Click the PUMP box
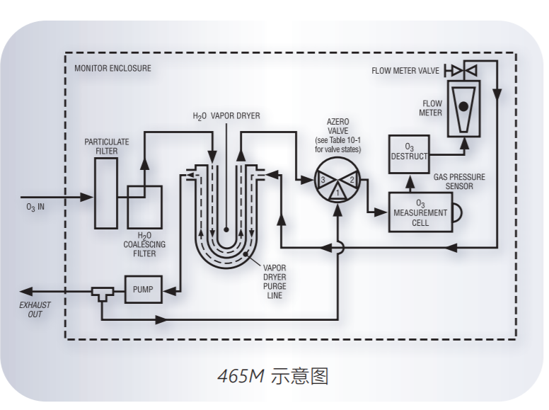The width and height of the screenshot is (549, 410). pyautogui.click(x=143, y=290)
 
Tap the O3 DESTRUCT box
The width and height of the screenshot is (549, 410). pyautogui.click(x=410, y=152)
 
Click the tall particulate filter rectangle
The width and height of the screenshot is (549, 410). pyautogui.click(x=106, y=193)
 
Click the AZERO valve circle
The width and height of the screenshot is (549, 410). pyautogui.click(x=338, y=180)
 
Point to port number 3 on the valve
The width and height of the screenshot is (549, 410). pyautogui.click(x=323, y=180)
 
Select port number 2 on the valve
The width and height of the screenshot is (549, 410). pyautogui.click(x=352, y=180)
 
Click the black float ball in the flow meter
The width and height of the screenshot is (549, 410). pyautogui.click(x=464, y=106)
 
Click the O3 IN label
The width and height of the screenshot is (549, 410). pyautogui.click(x=35, y=208)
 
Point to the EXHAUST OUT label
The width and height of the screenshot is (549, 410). pyautogui.click(x=35, y=309)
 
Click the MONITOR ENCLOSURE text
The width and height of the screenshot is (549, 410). pyautogui.click(x=112, y=69)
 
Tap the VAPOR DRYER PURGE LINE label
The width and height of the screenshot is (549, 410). pyautogui.click(x=274, y=282)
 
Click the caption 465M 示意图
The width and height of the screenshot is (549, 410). pyautogui.click(x=273, y=375)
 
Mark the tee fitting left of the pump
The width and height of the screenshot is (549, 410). pyautogui.click(x=103, y=292)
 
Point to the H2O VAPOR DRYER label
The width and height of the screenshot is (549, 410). pyautogui.click(x=226, y=115)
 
